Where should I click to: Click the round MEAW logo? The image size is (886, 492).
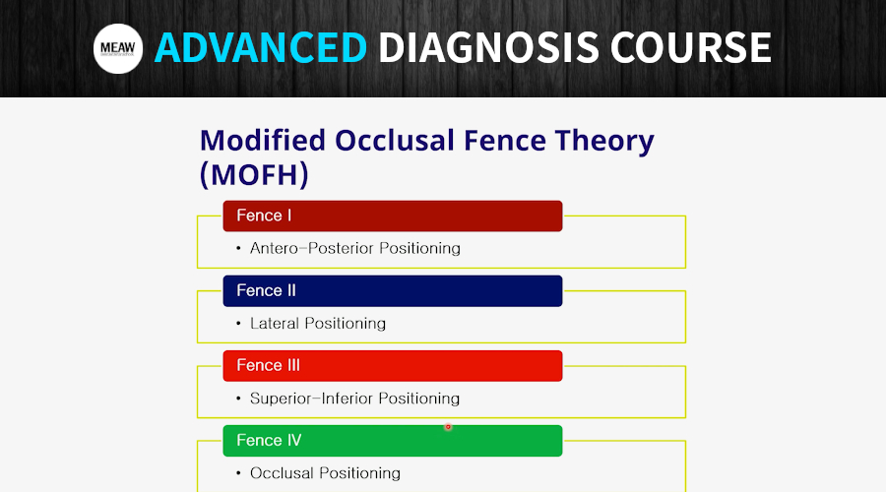(117, 48)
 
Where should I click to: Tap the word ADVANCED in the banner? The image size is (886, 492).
(261, 47)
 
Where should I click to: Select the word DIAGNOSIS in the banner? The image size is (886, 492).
(488, 47)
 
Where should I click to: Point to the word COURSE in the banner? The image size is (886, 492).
(690, 47)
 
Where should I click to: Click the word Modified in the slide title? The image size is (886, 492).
(263, 140)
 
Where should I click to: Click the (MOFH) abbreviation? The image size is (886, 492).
(254, 174)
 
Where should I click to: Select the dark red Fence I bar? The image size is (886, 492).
(393, 215)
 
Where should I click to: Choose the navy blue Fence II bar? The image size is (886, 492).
(393, 291)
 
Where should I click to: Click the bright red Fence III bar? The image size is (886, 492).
(393, 366)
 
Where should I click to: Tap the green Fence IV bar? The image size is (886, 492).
(393, 441)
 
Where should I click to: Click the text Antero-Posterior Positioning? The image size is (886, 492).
(355, 249)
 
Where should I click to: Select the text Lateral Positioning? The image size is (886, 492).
(318, 324)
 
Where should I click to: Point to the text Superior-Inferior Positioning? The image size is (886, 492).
(354, 399)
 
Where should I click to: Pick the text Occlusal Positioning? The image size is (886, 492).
(326, 473)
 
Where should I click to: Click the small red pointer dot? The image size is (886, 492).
(448, 427)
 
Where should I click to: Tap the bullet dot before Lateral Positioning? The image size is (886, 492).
(238, 324)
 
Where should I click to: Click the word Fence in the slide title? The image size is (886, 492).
(505, 140)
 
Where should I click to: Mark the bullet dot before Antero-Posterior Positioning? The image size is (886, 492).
(238, 249)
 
